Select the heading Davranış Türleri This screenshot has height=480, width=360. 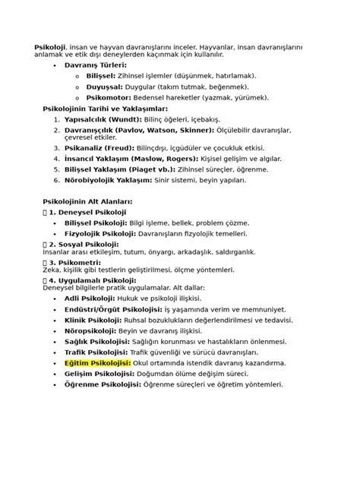pyautogui.click(x=95, y=66)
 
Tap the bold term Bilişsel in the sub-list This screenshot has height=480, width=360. pyautogui.click(x=100, y=77)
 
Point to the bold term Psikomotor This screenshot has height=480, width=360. pyautogui.click(x=108, y=97)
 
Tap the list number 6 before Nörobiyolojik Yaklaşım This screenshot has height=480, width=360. pyautogui.click(x=55, y=181)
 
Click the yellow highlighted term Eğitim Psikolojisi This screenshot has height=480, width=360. pyautogui.click(x=97, y=363)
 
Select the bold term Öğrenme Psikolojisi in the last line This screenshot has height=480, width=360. pyautogui.click(x=103, y=384)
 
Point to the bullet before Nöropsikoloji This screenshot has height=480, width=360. pyautogui.click(x=55, y=331)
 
